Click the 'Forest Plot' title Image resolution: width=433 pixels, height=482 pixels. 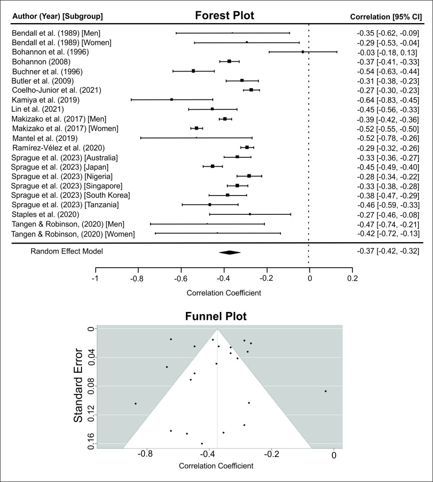225,16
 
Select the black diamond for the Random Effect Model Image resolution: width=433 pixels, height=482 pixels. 230,253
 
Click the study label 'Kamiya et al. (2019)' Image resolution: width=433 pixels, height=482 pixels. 46,99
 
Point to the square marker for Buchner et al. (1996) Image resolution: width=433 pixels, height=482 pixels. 193,71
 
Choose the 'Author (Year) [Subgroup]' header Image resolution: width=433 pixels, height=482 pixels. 57,17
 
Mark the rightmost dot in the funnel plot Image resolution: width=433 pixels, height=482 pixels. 325,391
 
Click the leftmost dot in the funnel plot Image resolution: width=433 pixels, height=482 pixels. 136,403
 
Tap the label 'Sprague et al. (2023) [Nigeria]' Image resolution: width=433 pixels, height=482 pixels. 62,176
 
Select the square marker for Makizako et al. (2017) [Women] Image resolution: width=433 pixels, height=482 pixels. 197,128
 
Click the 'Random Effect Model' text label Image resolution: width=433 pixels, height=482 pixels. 67,251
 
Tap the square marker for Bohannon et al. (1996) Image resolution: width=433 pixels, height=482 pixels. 303,52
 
